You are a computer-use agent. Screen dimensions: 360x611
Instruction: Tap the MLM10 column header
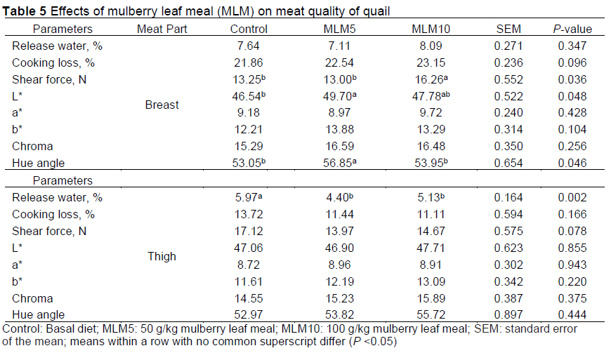tap(430, 29)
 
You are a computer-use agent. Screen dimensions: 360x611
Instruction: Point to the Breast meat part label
tap(162, 105)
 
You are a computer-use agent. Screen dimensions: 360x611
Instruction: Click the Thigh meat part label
tap(162, 257)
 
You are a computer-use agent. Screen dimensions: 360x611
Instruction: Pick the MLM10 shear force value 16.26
tap(430, 79)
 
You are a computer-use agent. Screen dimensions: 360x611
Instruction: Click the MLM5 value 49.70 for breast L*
tap(343, 96)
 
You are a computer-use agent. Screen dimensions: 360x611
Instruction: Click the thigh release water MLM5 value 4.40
tap(343, 198)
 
